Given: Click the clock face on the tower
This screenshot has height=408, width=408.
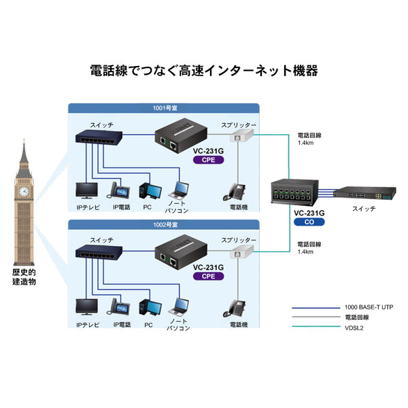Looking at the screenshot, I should coord(24,191).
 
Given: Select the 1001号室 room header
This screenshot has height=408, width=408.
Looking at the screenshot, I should coord(164,107).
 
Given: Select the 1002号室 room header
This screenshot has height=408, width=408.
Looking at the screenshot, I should coord(164,224).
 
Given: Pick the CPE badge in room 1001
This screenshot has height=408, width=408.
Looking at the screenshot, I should coord(208,160).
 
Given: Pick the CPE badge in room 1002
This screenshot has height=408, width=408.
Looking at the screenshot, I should coord(208,277).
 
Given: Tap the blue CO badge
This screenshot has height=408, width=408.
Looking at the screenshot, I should coord(309,222).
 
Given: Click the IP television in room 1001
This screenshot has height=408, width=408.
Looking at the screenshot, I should coord(86,190).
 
